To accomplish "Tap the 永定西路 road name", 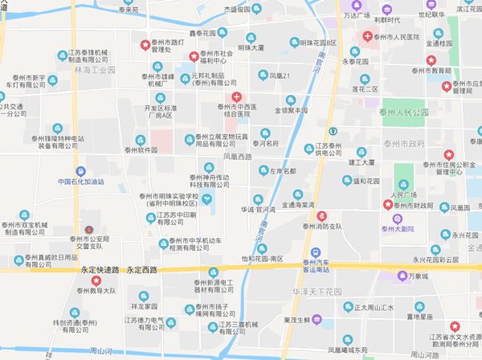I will point(145,269).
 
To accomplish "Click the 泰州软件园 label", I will point(152,149).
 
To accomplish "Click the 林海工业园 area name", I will point(95,71).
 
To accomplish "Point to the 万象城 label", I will point(419,276).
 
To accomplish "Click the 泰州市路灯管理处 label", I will point(173,45).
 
